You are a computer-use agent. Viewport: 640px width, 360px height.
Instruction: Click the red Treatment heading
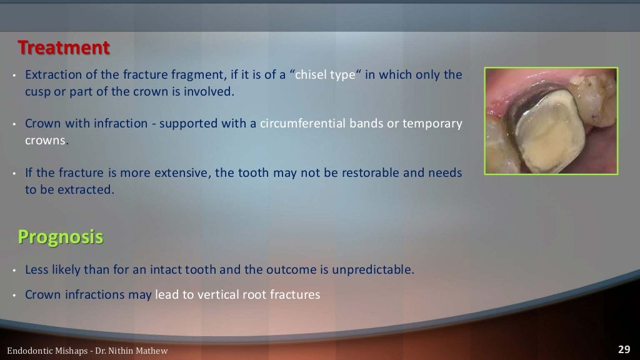click(63, 47)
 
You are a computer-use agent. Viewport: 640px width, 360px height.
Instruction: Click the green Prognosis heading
click(60, 237)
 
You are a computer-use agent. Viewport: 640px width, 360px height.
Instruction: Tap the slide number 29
click(623, 349)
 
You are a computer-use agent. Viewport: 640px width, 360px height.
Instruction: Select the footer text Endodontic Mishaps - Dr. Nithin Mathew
click(87, 351)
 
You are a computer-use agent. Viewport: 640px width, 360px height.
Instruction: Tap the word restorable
click(365, 172)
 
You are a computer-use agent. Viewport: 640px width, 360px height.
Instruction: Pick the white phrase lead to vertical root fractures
click(237, 294)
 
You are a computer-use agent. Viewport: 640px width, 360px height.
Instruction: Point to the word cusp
click(37, 91)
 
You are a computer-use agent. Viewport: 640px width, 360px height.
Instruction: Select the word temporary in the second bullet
click(431, 123)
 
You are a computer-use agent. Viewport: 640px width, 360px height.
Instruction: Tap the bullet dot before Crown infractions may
click(13, 295)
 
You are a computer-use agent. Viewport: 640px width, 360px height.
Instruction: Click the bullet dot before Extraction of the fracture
click(13, 76)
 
